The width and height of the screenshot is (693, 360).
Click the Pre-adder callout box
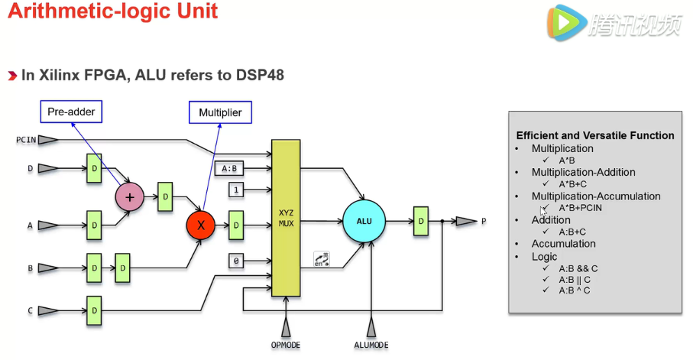(x=71, y=112)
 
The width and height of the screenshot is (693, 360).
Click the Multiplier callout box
(x=220, y=112)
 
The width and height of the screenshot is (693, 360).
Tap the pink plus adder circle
(x=129, y=196)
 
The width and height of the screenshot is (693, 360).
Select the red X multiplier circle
(x=201, y=225)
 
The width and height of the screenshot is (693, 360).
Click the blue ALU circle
(x=364, y=222)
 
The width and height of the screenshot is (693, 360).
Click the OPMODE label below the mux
(x=286, y=345)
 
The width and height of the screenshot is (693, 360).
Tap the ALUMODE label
(x=371, y=345)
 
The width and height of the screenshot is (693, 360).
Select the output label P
(x=484, y=222)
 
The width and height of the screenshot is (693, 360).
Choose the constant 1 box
(x=237, y=189)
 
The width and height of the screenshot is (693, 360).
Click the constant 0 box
(x=237, y=261)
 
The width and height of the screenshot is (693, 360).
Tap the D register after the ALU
(x=421, y=222)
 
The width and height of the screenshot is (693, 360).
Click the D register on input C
(x=93, y=310)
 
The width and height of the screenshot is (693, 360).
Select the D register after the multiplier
(x=237, y=225)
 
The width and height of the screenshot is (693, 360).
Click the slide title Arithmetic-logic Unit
(x=113, y=11)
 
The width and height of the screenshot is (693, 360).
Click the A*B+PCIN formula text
(x=581, y=208)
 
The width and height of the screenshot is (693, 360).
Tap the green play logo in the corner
(x=564, y=24)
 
